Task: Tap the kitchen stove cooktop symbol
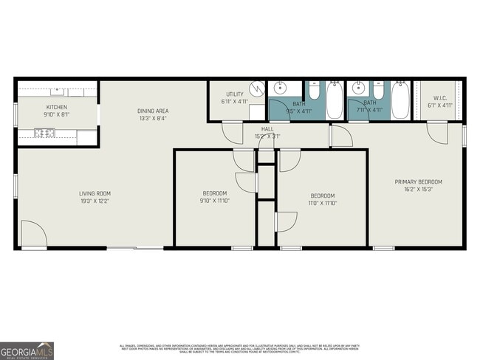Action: pos(44,134)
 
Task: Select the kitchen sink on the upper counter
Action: pos(57,91)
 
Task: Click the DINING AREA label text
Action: pos(153,111)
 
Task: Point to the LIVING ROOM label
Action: pos(95,194)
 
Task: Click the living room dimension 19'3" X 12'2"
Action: pos(95,201)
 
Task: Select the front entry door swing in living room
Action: pos(32,235)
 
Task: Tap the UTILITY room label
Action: pos(235,94)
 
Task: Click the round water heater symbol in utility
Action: pos(256,88)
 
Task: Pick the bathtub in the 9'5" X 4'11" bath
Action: pos(334,100)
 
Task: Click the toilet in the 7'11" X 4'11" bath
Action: pos(378,92)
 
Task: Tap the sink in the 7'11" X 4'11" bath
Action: pos(359,89)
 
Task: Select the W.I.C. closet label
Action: pos(440,98)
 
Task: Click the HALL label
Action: pos(267,128)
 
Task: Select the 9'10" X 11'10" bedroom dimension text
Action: pos(214,201)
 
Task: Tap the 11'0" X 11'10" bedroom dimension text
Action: pos(322,204)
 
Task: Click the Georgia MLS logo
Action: pos(27,350)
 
